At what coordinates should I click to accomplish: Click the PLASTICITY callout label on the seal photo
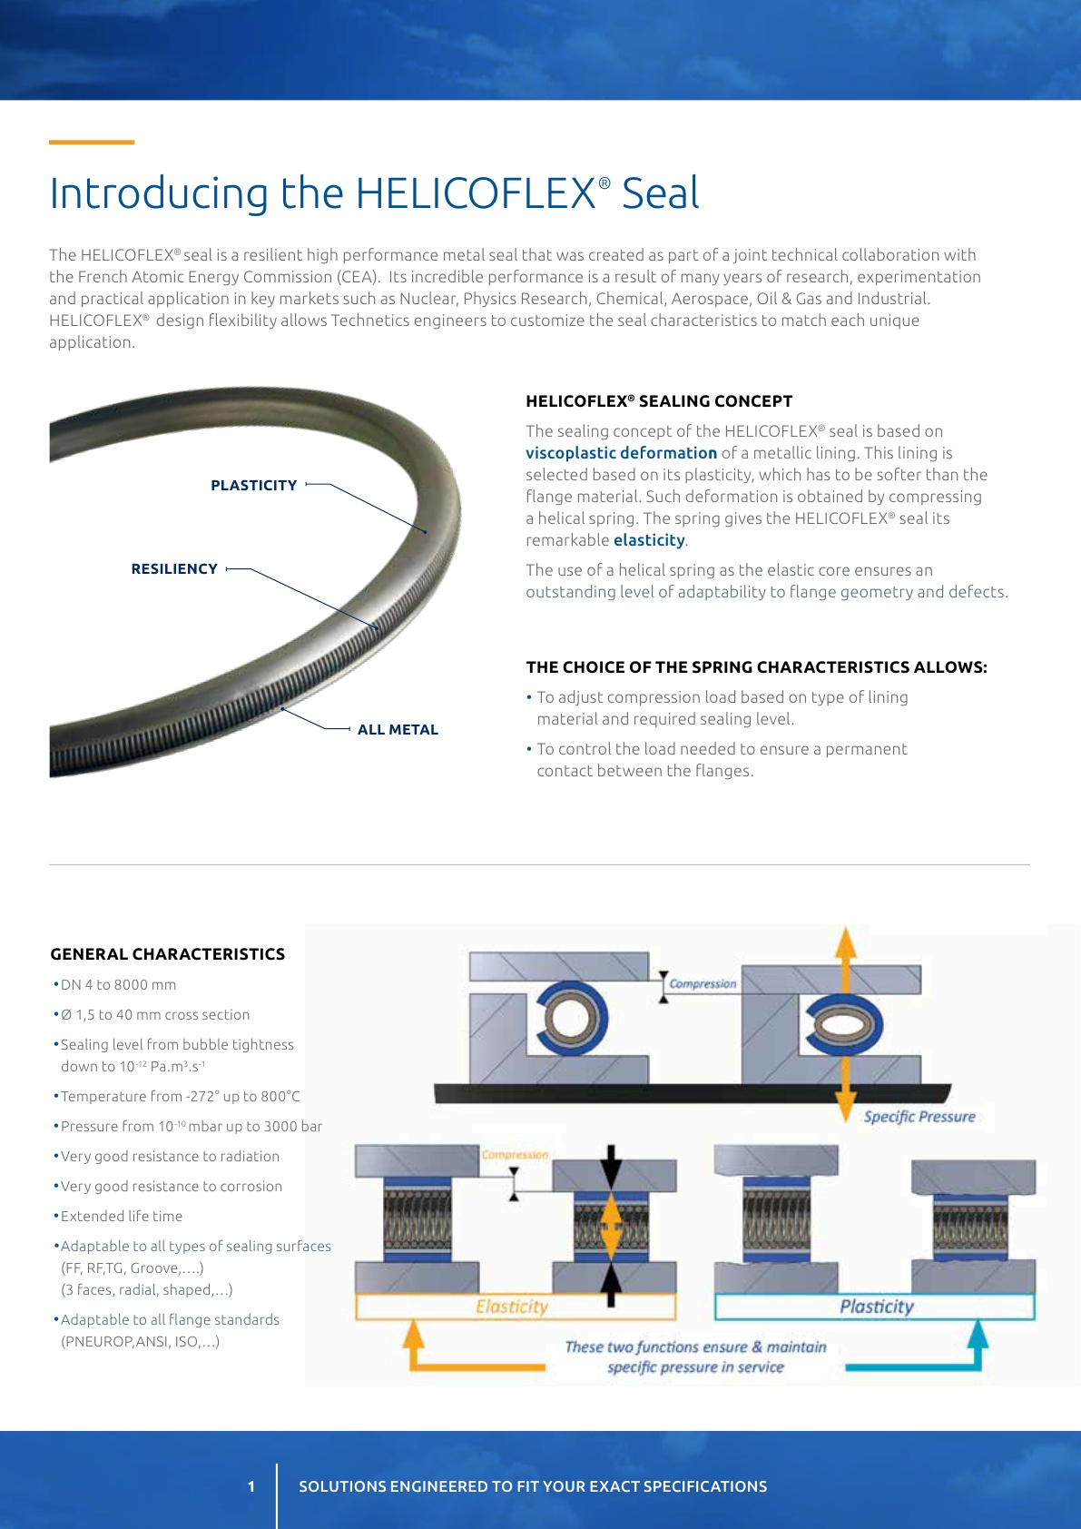point(253,486)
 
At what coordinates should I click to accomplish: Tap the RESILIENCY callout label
point(174,569)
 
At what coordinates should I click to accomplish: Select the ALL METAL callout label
point(398,730)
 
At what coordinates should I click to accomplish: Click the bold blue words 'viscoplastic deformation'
point(621,453)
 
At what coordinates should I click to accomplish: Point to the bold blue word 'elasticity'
point(649,540)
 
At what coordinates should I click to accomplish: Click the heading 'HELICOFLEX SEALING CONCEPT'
point(659,401)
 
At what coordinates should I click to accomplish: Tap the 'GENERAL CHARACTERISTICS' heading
point(168,954)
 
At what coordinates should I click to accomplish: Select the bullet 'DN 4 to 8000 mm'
point(118,985)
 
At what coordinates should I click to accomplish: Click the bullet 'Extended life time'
point(122,1217)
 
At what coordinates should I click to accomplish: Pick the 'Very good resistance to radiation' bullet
point(170,1157)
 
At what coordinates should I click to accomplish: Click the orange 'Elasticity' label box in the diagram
point(515,1307)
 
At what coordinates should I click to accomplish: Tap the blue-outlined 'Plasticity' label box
point(875,1307)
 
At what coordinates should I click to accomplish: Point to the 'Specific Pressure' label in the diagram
point(919,1117)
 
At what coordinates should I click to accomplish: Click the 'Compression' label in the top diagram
point(703,983)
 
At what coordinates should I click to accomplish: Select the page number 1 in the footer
point(251,1486)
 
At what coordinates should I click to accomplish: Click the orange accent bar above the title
point(92,143)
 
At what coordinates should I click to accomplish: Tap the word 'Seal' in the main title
point(660,193)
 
